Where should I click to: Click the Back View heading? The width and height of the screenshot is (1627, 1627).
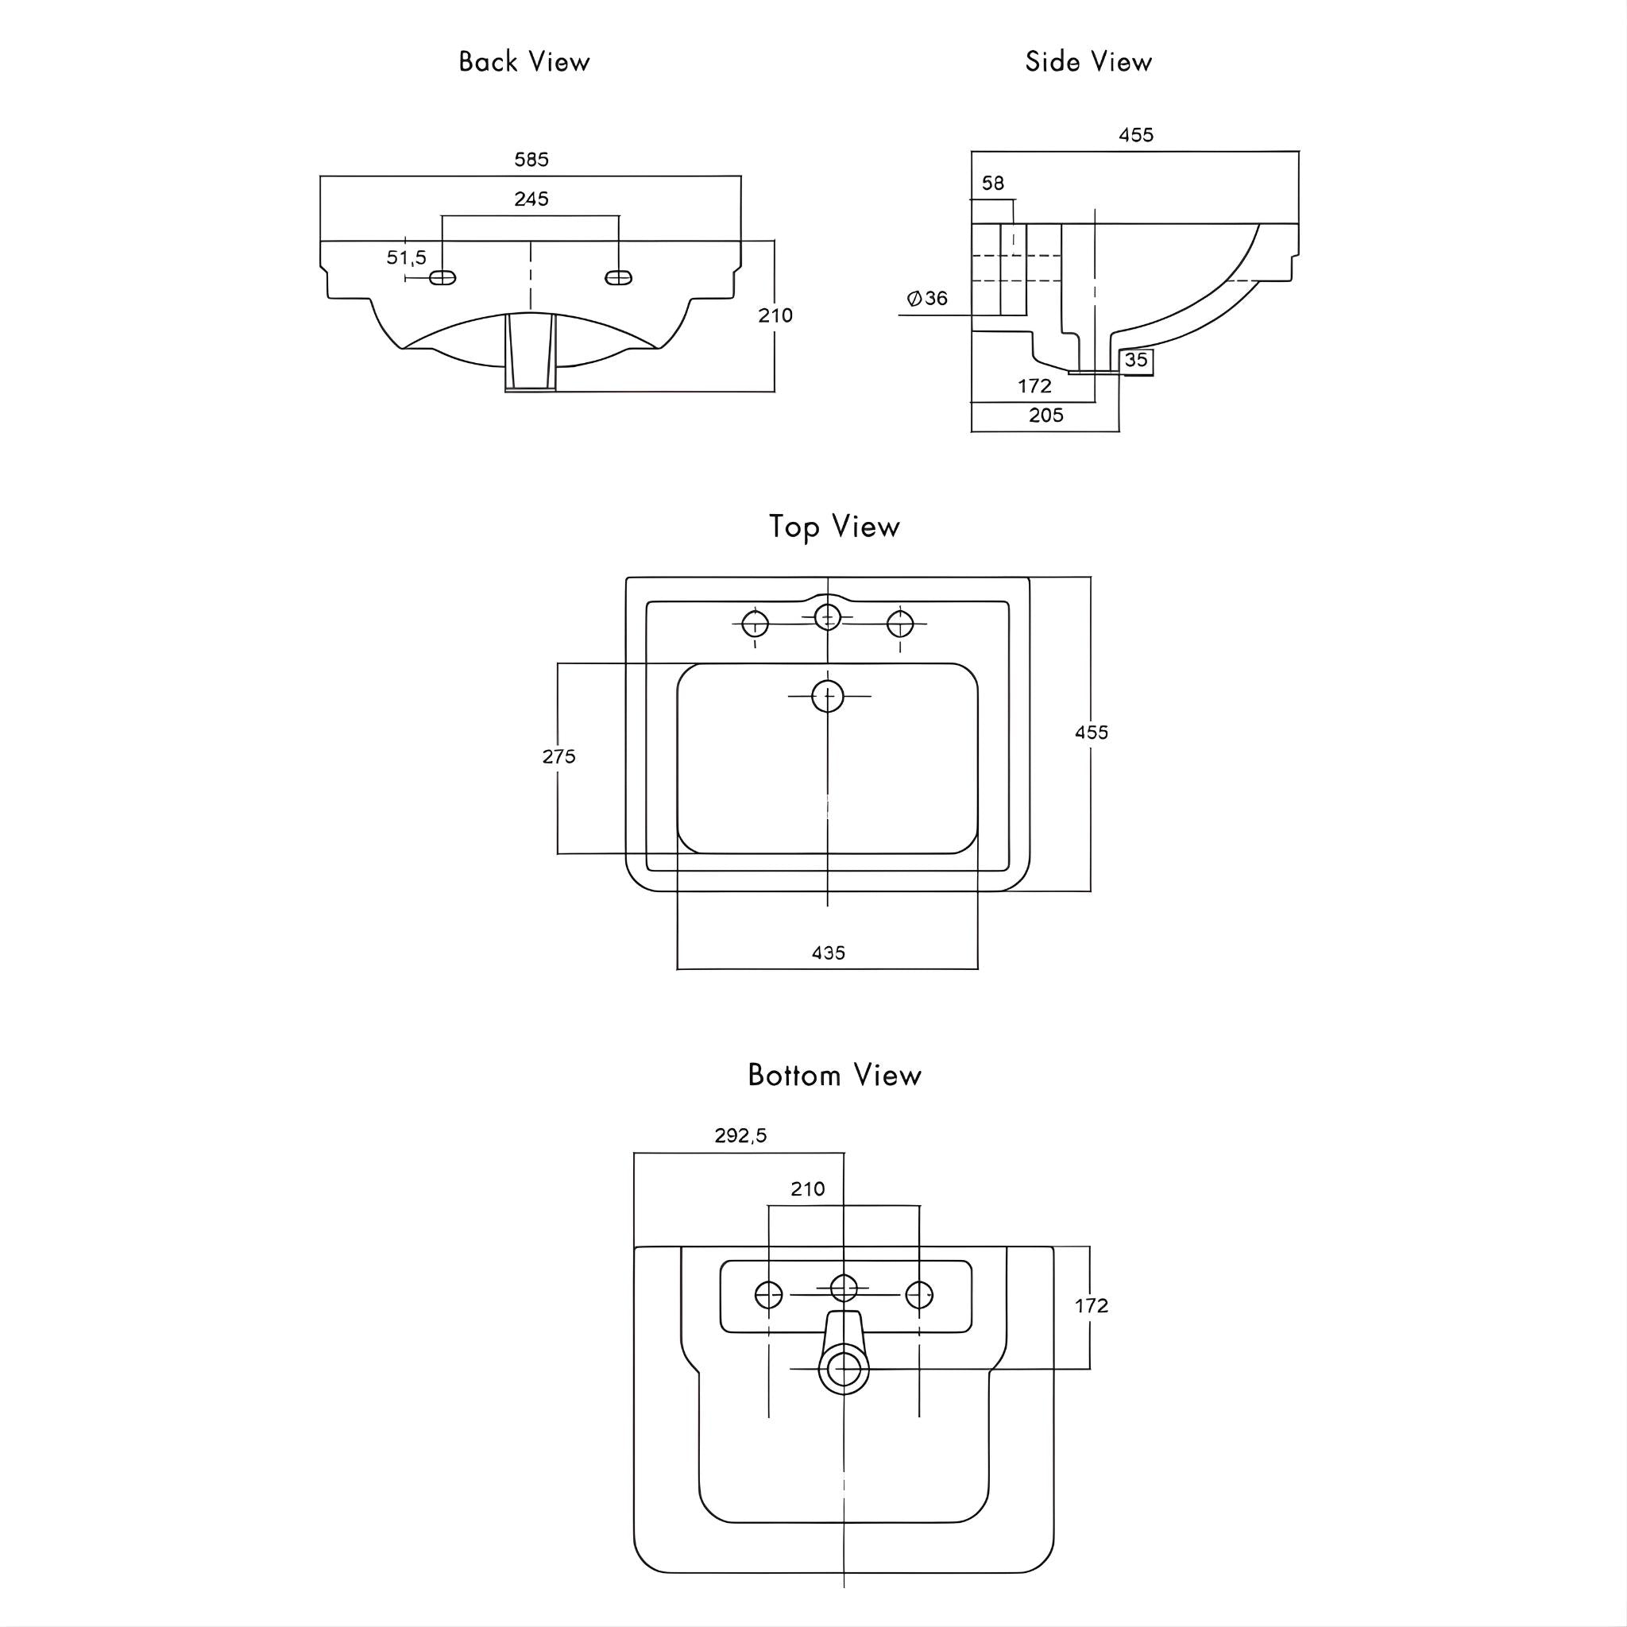[524, 61]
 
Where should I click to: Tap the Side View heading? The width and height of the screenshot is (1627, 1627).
[1088, 61]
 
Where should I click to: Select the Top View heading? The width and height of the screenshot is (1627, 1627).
[833, 528]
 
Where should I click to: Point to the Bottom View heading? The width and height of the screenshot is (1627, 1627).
[833, 1076]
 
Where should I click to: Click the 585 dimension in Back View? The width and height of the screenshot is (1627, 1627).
[531, 159]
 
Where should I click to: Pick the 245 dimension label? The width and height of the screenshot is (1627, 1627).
[531, 199]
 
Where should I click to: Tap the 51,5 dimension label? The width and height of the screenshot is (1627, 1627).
[406, 257]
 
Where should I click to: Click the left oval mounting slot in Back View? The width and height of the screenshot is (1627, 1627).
[443, 278]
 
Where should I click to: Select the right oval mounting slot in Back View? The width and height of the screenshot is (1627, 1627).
[619, 278]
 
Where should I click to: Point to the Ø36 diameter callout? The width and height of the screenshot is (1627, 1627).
[927, 298]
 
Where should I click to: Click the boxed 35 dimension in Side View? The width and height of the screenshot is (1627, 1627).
[1136, 361]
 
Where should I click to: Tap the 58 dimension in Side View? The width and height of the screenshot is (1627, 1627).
[993, 184]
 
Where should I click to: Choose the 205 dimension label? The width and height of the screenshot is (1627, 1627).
[1046, 415]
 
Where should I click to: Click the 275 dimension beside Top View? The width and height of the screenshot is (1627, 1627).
[558, 756]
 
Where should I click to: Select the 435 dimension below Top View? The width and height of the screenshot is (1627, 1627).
[828, 953]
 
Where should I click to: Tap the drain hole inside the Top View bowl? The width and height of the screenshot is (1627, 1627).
[828, 697]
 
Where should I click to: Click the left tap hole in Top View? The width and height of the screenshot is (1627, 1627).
[756, 624]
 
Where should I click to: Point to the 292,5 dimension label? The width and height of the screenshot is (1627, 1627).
[740, 1135]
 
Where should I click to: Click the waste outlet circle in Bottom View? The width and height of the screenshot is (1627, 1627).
[843, 1369]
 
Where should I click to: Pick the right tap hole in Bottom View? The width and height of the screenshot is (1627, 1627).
[919, 1294]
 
